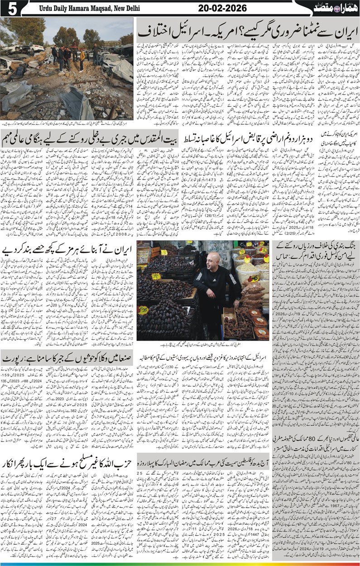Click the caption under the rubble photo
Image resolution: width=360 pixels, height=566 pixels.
68,124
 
